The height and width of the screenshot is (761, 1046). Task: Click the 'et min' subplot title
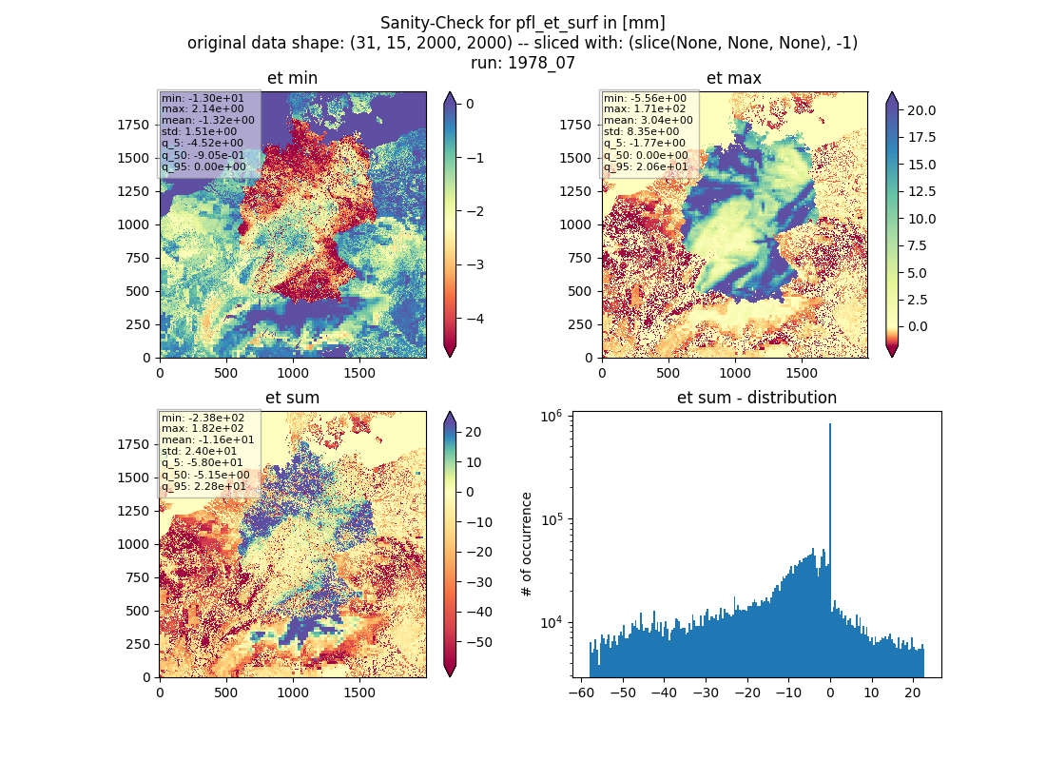[x=292, y=78]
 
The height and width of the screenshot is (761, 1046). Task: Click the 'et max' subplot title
[x=734, y=78]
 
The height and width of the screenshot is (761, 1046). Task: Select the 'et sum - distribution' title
[x=757, y=398]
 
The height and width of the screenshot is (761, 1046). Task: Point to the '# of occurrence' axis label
[x=527, y=545]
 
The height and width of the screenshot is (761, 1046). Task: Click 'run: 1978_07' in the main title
[x=522, y=63]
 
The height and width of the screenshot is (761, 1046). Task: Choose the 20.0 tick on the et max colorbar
[x=921, y=110]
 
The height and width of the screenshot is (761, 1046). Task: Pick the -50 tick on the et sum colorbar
[x=478, y=642]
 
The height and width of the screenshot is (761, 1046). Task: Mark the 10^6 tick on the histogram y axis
[x=551, y=417]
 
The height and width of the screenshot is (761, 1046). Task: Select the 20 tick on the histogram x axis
[x=913, y=693]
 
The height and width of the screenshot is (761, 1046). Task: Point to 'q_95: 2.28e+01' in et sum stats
[x=203, y=487]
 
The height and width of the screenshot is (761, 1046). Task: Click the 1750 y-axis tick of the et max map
[x=575, y=125]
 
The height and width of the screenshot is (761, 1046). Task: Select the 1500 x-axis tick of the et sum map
[x=358, y=693]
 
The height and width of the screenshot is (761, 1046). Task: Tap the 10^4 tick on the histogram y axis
[x=551, y=623]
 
